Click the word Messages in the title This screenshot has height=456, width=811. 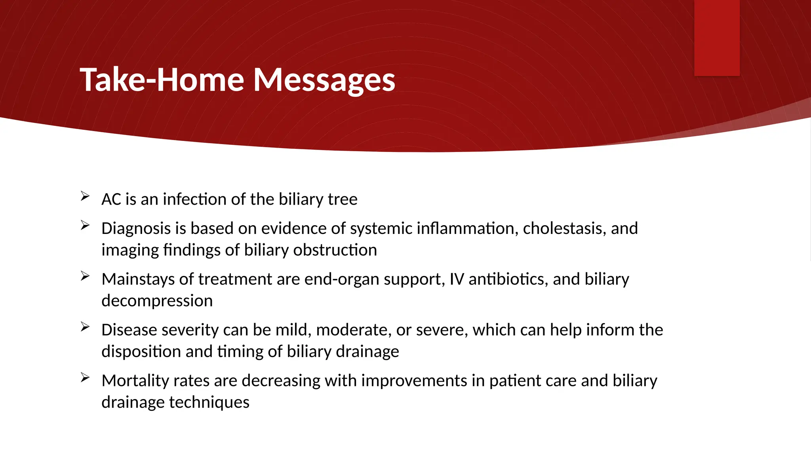point(324,80)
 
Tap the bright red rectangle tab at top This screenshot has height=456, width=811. point(717,38)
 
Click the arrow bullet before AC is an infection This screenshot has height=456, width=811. point(85,196)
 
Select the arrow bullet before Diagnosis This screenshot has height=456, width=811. point(85,225)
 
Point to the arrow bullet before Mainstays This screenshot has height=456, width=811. point(85,276)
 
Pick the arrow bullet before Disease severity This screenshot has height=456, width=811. point(85,327)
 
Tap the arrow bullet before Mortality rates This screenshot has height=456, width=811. point(85,377)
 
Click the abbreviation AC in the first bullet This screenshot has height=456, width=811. point(111,199)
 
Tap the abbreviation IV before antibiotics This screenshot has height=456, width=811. point(457,279)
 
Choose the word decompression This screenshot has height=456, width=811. point(157,301)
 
